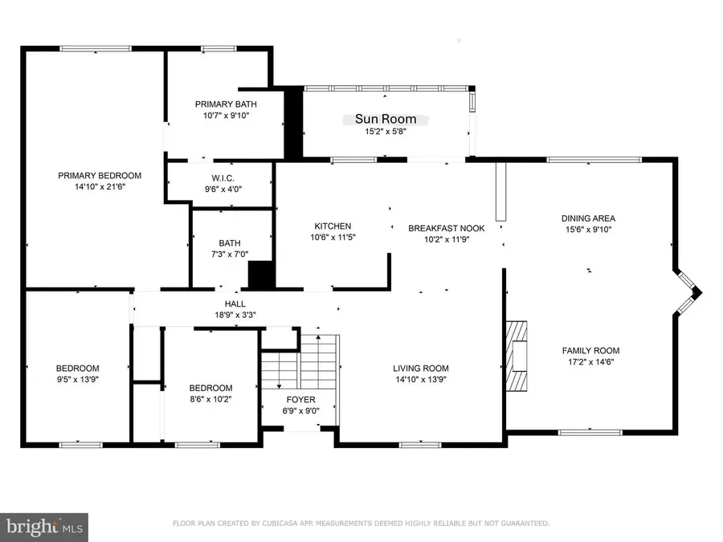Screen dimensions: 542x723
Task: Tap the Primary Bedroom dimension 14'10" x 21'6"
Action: [x=100, y=186]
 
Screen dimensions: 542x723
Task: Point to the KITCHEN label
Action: [x=333, y=226]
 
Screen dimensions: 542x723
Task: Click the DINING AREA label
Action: [x=588, y=218]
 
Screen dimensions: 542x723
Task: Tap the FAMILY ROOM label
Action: [x=590, y=350]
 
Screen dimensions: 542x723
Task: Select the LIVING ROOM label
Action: [x=420, y=369]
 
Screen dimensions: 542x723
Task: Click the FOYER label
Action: [x=301, y=399]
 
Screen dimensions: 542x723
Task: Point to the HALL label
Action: [x=235, y=304]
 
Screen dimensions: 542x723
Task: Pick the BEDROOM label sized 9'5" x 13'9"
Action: [x=77, y=369]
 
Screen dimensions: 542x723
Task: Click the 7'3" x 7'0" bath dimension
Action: [x=219, y=255]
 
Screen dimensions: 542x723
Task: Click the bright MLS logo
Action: [x=43, y=528]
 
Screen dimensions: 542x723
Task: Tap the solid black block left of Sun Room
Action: [x=293, y=123]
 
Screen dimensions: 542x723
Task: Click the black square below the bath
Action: [x=261, y=275]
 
